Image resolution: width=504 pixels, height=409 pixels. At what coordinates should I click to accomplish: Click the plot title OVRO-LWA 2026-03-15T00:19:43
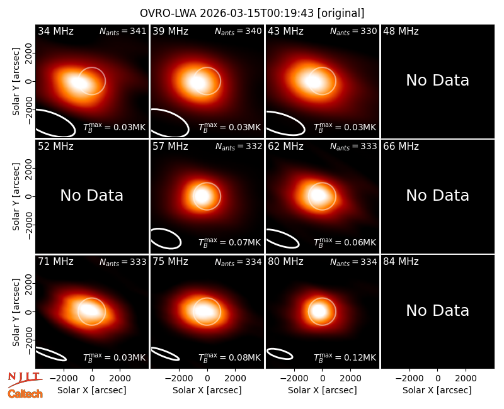tap(227, 13)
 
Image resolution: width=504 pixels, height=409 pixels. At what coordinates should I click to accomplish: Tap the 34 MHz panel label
tap(55, 31)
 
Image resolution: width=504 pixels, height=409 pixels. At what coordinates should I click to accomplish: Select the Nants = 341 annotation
tap(123, 31)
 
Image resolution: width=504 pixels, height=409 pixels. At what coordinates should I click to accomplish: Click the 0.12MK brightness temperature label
tap(345, 357)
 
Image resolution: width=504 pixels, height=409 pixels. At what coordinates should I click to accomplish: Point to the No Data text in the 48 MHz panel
tap(437, 81)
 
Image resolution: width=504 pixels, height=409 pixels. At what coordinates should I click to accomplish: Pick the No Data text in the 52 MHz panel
tap(91, 196)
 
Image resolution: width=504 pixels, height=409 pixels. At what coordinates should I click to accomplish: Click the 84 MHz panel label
tap(401, 262)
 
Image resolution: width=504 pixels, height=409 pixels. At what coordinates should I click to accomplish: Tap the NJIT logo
tap(25, 379)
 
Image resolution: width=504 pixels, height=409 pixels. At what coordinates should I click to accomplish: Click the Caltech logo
tap(25, 394)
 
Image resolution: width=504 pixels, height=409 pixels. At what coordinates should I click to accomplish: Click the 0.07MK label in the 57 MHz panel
tap(229, 242)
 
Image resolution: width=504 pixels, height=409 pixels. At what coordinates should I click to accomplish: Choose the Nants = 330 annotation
tap(353, 31)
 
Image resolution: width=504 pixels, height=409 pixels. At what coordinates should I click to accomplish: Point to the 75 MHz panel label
tap(170, 262)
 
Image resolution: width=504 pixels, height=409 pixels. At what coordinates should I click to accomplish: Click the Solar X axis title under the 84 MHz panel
tap(437, 390)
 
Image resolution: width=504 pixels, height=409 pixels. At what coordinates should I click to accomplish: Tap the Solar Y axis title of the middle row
tap(16, 196)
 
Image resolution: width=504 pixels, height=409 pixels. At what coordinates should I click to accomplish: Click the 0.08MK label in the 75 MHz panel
tap(229, 357)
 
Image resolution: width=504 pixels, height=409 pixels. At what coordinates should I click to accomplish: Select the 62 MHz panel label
tap(285, 147)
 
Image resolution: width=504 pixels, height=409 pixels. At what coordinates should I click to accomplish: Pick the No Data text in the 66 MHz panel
tap(437, 196)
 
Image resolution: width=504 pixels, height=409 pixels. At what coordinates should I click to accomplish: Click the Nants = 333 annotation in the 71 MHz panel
tap(123, 262)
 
